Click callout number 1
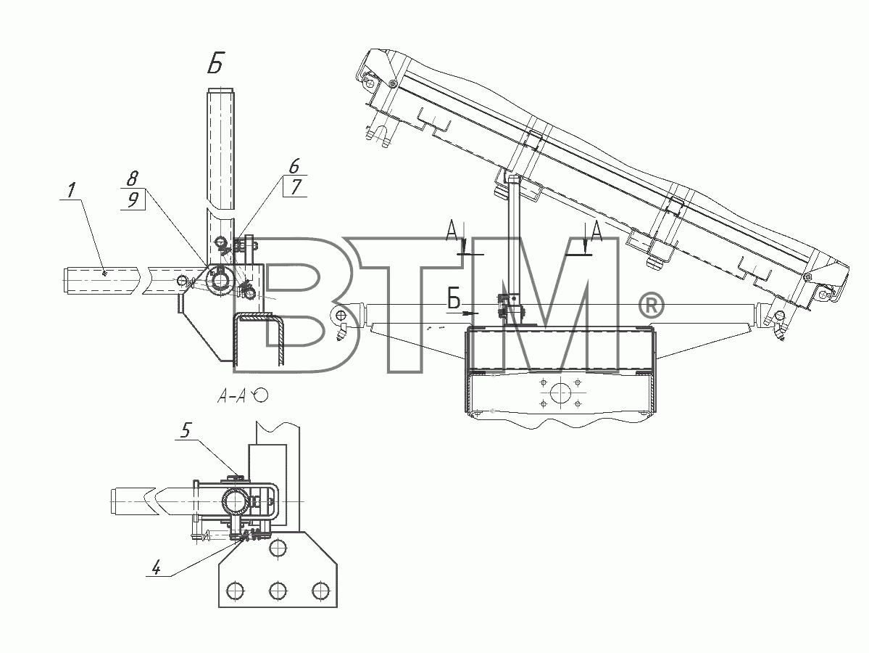tap(70, 191)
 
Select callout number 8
tap(133, 178)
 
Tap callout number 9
tap(133, 200)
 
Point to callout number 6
tap(294, 166)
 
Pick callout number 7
tap(296, 187)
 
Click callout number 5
tap(186, 430)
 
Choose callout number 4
tap(156, 568)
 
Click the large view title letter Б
tap(215, 65)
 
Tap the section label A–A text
tap(232, 395)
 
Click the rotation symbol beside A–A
tap(260, 395)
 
